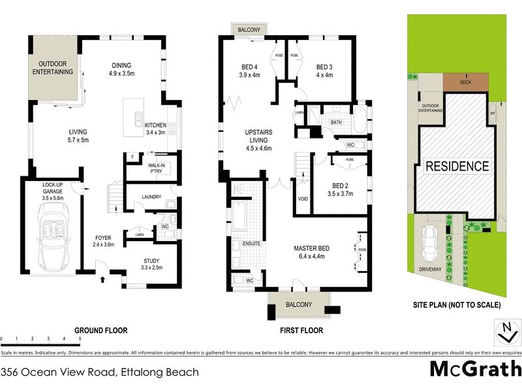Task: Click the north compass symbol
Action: (x=503, y=332)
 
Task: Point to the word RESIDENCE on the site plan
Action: (x=457, y=166)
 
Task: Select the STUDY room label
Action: (x=151, y=263)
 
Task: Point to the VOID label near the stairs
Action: (x=302, y=199)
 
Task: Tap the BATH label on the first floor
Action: (x=336, y=122)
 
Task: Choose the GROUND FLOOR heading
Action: (x=100, y=331)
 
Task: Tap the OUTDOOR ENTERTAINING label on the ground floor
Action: (x=54, y=69)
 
